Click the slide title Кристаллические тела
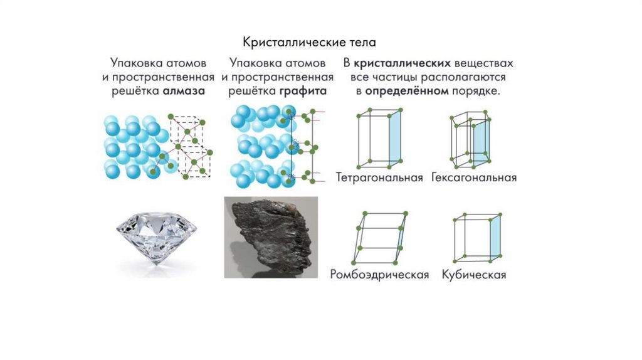pyautogui.click(x=309, y=43)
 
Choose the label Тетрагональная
pyautogui.click(x=379, y=177)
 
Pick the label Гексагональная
pyautogui.click(x=474, y=177)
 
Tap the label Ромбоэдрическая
pyautogui.click(x=379, y=275)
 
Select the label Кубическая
pyautogui.click(x=473, y=275)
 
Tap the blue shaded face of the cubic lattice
pyautogui.click(x=495, y=238)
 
